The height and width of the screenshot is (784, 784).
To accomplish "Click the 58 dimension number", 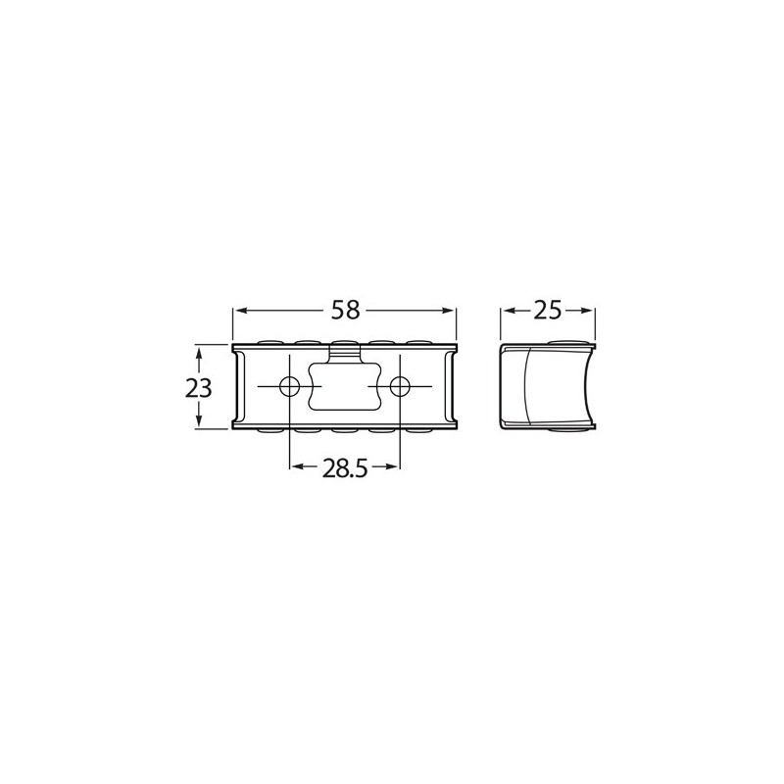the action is tap(346, 310).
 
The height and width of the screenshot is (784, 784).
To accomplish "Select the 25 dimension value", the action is tap(548, 311).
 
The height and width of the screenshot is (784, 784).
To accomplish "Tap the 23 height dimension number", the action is tap(199, 387).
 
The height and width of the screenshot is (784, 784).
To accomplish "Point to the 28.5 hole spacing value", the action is tap(345, 468).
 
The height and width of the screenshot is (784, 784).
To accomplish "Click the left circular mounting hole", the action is tap(289, 386).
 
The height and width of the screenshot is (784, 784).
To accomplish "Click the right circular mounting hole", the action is tap(400, 386).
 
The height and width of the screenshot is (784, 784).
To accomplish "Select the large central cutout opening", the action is tap(345, 386).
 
